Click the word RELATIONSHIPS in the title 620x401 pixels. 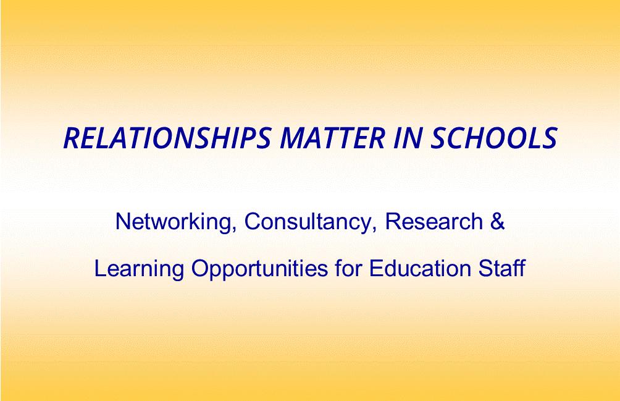coord(167,138)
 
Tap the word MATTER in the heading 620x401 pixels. coord(332,138)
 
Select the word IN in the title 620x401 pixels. coord(408,138)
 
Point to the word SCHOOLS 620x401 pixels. coord(494,138)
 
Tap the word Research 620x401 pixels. coord(434,221)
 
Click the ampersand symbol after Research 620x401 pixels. coord(498,221)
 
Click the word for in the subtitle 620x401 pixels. coord(348,269)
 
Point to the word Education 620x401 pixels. coord(420,269)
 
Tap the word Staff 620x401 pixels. coord(502,269)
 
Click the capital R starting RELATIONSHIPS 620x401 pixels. coord(73,138)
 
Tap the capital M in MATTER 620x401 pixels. coord(293,138)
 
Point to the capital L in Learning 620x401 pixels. coord(101,269)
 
